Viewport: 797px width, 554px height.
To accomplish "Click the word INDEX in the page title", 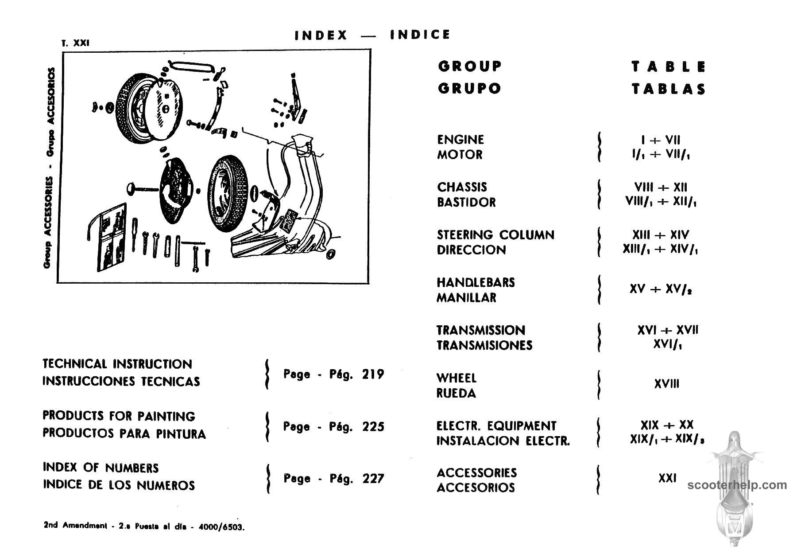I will [321, 35].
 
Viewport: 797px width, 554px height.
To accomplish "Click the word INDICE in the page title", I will [420, 35].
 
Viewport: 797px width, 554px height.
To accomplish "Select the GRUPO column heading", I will [469, 88].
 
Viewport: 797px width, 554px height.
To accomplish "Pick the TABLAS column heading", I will [669, 89].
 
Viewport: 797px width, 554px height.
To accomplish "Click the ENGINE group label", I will [460, 140].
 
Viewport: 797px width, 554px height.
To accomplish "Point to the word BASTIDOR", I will [466, 203].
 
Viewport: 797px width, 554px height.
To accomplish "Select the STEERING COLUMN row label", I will [495, 235].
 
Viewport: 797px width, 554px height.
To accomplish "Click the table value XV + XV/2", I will [661, 289].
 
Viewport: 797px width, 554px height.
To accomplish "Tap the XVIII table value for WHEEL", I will [666, 384].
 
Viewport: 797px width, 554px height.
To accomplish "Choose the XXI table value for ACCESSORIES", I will [667, 478].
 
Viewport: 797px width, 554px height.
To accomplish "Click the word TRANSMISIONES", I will [484, 345].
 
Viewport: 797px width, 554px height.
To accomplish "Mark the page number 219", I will [373, 375].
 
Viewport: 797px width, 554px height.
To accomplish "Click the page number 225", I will [373, 427].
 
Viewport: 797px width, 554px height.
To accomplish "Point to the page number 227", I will [373, 479].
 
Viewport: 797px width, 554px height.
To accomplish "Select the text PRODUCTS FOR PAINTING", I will [119, 416].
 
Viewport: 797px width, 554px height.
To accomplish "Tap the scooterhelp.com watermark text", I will [737, 485].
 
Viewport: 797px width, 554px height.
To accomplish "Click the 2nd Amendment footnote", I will [144, 527].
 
